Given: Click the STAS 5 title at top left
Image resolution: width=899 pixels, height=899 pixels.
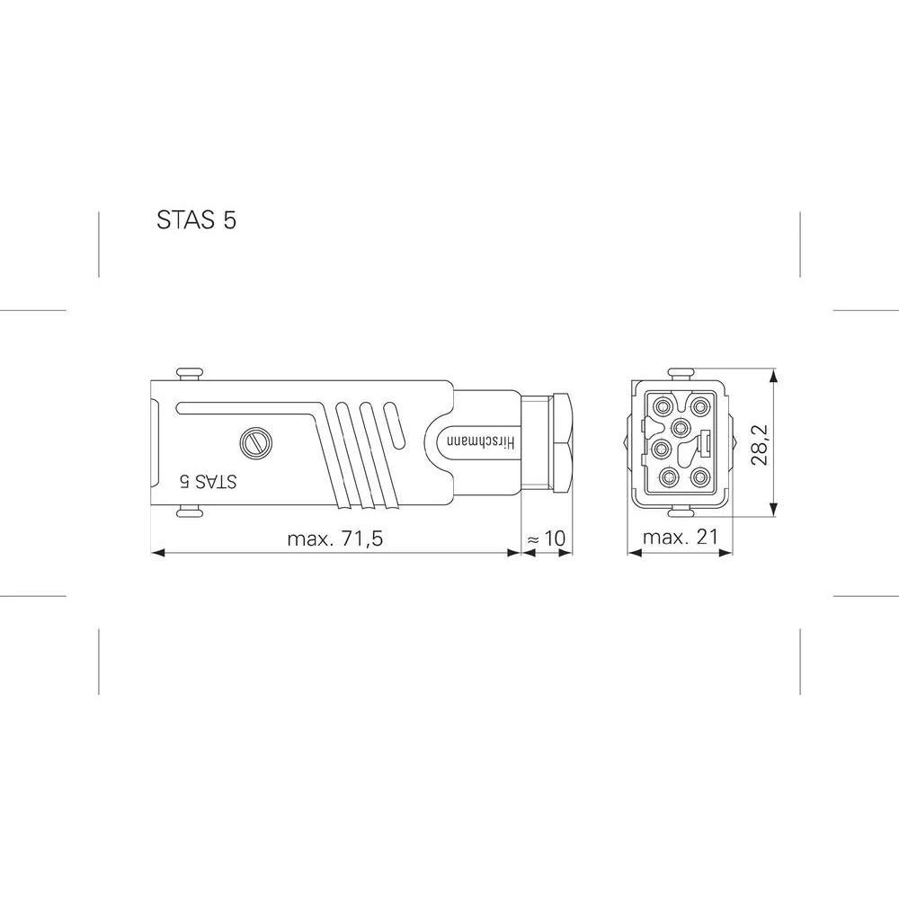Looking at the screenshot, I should click(x=196, y=220).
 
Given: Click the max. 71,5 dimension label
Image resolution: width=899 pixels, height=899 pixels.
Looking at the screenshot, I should click(x=334, y=539).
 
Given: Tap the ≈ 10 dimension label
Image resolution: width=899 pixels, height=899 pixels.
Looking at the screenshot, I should click(x=545, y=539).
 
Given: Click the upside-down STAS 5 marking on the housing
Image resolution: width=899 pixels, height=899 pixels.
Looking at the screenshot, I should click(x=208, y=481).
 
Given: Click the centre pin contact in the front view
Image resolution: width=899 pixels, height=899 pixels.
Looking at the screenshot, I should click(x=681, y=425).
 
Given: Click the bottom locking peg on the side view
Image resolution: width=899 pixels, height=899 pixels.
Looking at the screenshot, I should click(x=190, y=512).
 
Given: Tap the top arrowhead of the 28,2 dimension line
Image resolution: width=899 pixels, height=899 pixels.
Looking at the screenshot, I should click(x=774, y=376).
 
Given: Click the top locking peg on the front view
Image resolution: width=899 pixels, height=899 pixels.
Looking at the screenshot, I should click(x=681, y=371).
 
